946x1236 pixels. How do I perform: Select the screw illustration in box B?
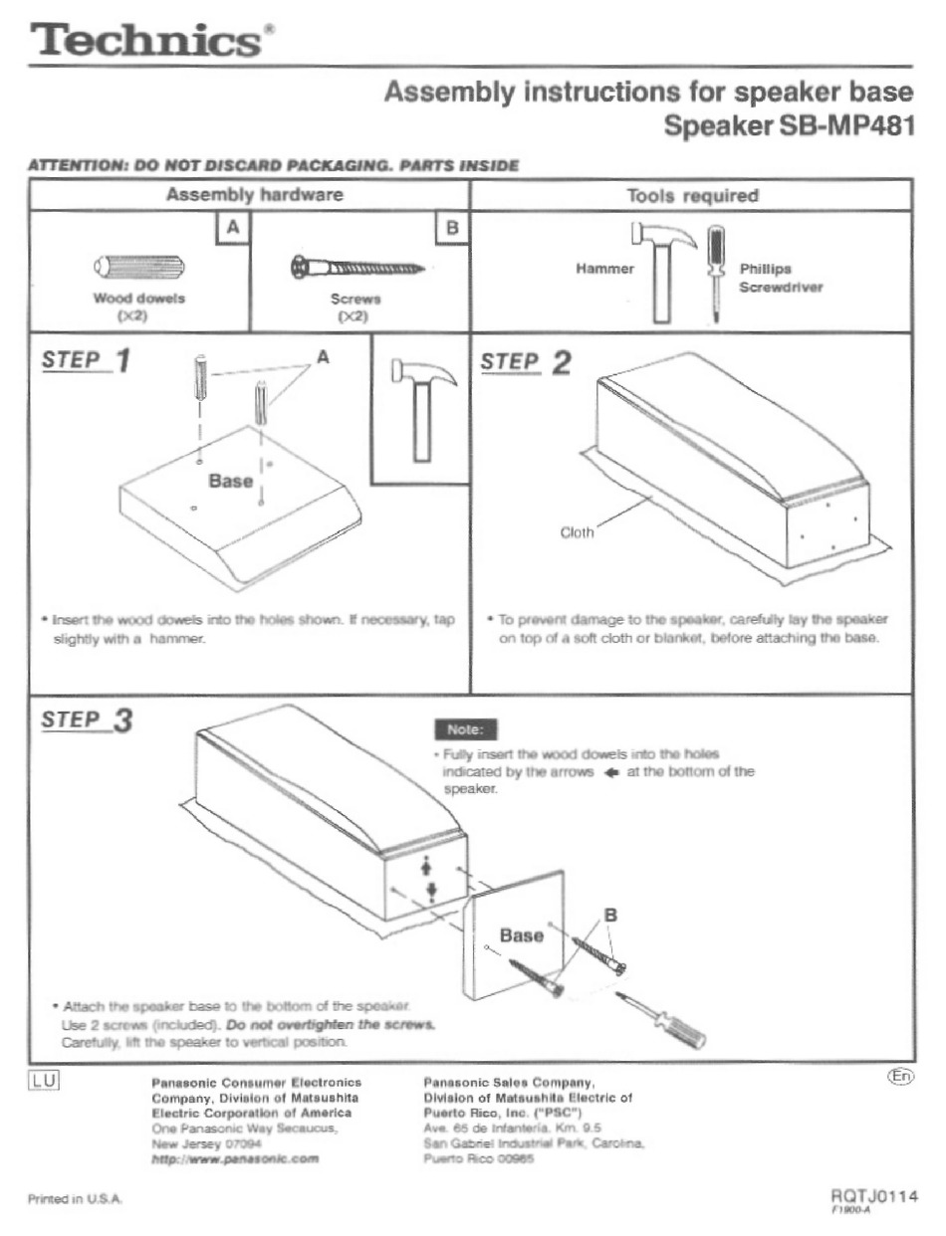pyautogui.click(x=357, y=267)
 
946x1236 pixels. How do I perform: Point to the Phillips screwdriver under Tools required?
pyautogui.click(x=714, y=273)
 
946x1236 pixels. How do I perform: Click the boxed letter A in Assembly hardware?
pyautogui.click(x=233, y=228)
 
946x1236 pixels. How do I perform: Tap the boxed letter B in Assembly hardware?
pyautogui.click(x=452, y=228)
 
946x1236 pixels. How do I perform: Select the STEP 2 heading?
pyautogui.click(x=526, y=361)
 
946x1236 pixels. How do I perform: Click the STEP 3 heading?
pyautogui.click(x=87, y=720)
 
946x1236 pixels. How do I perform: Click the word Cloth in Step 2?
pyautogui.click(x=577, y=531)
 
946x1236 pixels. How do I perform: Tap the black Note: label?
pyautogui.click(x=465, y=730)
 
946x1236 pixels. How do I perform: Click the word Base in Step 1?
pyautogui.click(x=230, y=481)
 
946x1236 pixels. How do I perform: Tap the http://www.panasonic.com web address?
pyautogui.click(x=235, y=1159)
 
